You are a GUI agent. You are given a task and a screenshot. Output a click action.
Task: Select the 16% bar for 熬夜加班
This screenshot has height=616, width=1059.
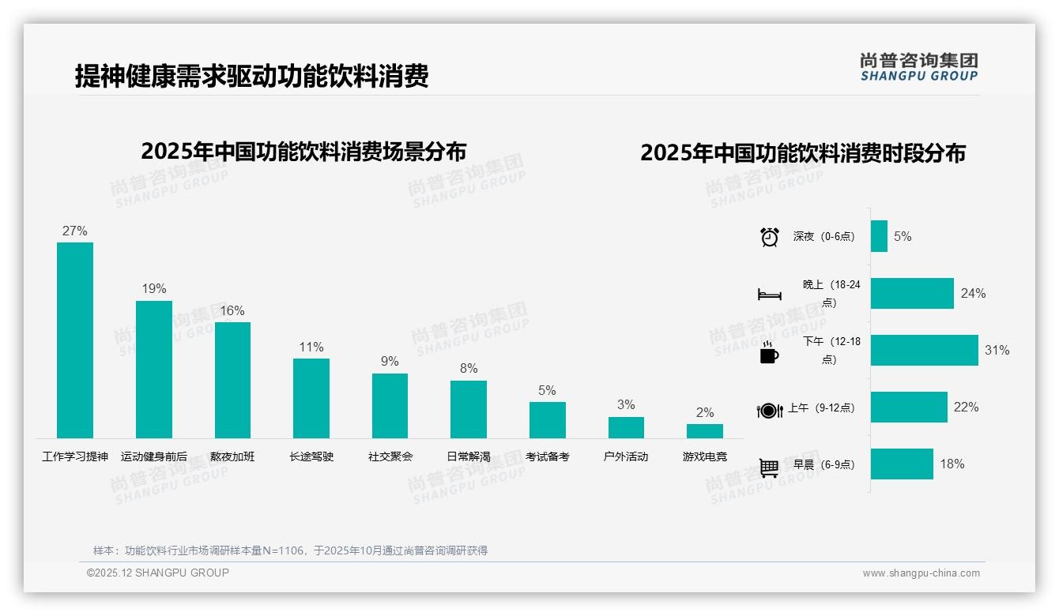coord(232,380)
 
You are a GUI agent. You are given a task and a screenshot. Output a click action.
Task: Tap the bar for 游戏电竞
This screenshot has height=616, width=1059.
coord(704,431)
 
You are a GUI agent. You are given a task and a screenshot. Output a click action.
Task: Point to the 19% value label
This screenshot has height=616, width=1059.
coord(154,289)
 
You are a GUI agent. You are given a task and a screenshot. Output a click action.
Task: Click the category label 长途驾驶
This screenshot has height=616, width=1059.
coord(311,456)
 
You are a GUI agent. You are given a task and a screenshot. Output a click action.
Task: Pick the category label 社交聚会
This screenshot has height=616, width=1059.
coord(390,456)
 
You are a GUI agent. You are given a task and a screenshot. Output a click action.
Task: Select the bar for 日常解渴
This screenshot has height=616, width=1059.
coord(469,409)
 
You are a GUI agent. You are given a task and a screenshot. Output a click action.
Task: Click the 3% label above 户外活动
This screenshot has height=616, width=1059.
coord(626,405)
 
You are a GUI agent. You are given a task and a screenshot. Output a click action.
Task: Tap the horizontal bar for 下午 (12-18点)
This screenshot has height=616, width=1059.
coord(924,350)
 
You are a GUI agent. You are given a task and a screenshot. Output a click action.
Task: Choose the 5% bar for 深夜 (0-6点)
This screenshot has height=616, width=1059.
coord(879,236)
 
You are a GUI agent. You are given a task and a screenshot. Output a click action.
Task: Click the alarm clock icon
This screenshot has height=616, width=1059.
coord(769,237)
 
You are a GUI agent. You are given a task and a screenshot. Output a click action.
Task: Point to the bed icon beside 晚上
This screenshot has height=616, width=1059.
coord(769,295)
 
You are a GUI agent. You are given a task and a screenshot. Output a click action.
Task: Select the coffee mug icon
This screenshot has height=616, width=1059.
coord(768,353)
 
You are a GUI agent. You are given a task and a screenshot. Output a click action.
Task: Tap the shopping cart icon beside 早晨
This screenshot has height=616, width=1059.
coord(769,468)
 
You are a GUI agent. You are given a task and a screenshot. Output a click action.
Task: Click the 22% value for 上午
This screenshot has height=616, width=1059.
coord(966,408)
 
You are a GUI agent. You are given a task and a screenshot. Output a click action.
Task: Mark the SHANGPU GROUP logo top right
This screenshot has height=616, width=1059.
coord(918,67)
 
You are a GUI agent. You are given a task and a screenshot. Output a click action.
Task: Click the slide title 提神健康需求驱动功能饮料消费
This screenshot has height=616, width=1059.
coord(251,77)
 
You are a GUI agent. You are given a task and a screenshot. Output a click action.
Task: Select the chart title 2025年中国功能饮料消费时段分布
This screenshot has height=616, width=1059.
coord(802,153)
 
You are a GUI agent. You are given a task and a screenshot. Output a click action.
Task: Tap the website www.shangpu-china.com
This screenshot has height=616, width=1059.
coord(921,573)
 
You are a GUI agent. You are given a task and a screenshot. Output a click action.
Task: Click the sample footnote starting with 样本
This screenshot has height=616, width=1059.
coord(290,550)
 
